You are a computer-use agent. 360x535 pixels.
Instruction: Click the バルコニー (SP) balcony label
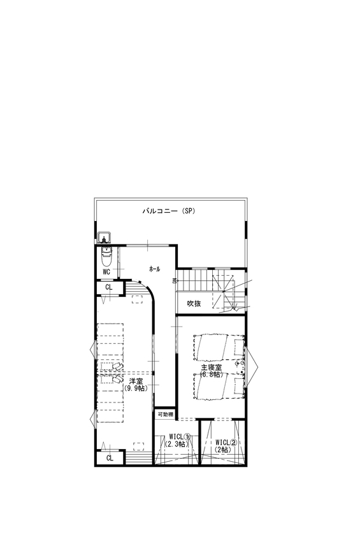point(168,211)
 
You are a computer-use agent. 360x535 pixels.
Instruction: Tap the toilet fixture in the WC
point(106,259)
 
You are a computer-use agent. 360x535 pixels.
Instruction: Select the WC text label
point(106,272)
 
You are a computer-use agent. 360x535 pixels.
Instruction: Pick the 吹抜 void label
point(194,303)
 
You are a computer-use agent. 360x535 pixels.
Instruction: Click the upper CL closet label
point(109,288)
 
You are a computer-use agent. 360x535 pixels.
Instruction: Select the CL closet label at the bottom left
point(109,458)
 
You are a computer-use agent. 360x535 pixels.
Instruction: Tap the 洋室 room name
point(135,382)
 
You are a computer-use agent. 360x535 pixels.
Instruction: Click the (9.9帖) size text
point(135,389)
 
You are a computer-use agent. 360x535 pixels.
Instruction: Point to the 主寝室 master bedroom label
point(210,367)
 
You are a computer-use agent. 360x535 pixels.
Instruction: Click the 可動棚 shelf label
point(165,414)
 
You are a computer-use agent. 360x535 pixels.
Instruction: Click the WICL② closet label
point(225,442)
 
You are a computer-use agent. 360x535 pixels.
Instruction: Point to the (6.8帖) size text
point(210,374)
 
